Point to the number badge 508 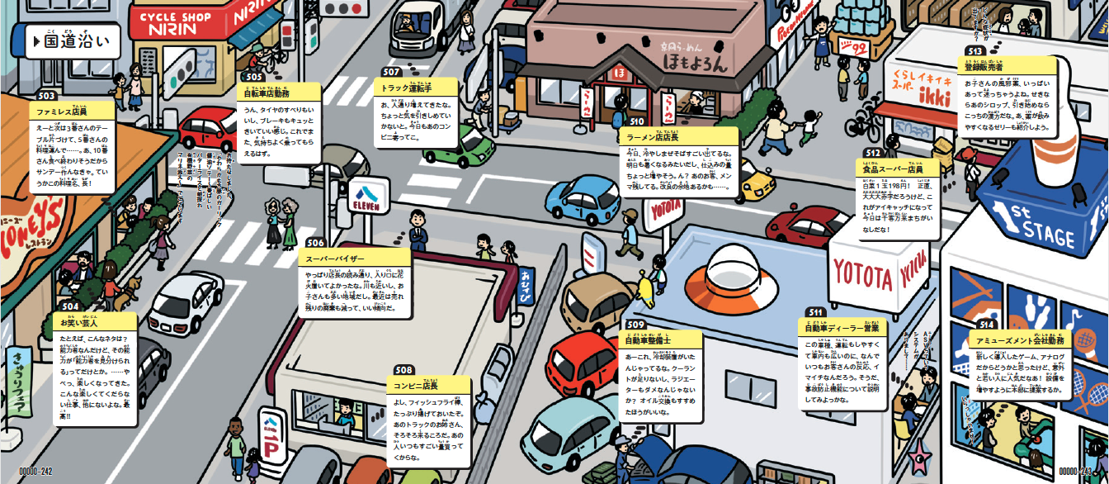click(x=404, y=370)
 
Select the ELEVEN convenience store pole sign click(x=368, y=199)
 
